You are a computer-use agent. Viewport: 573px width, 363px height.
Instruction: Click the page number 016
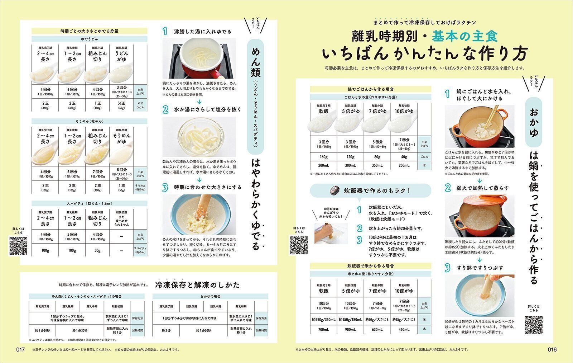click(552, 350)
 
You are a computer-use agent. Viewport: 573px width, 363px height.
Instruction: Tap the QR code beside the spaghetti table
click(18, 246)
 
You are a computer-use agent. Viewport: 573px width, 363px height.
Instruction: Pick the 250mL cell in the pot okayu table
click(404, 165)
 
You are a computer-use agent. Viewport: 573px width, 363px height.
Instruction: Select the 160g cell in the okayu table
click(324, 157)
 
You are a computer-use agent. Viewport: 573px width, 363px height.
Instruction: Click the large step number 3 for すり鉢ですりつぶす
click(447, 268)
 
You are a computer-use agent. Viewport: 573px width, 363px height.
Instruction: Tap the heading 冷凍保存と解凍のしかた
click(197, 285)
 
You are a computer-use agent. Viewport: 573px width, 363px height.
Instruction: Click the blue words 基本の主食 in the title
click(464, 36)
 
